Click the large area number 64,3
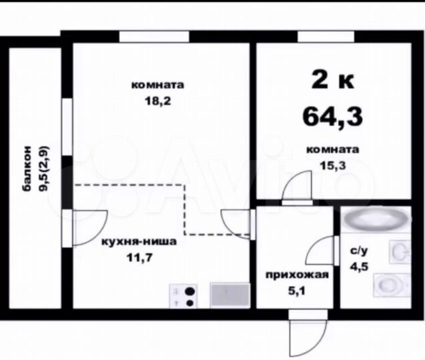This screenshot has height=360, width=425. pos(332,116)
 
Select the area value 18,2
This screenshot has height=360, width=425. pos(157,101)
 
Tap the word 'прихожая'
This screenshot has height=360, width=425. pos(296,275)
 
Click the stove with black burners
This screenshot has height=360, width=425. pos(183,295)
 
